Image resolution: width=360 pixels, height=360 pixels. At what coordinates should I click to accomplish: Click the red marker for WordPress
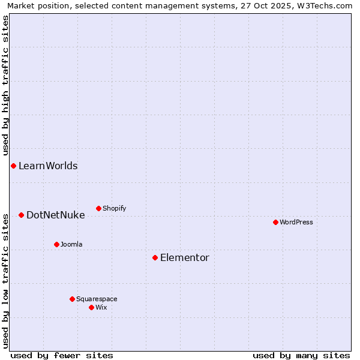tap(275, 222)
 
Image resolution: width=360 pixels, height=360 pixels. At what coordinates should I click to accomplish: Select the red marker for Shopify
tap(98, 208)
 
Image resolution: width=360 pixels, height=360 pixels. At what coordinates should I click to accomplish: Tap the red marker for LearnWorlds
tap(13, 166)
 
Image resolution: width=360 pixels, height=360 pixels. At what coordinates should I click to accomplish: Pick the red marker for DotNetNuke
tap(21, 215)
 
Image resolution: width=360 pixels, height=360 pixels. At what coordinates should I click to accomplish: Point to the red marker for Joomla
tap(56, 244)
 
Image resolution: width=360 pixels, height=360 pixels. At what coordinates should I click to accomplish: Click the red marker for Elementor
tap(155, 257)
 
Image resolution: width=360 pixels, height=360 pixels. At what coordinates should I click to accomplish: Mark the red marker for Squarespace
tap(72, 299)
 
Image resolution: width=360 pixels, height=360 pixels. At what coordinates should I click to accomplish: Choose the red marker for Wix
tap(91, 307)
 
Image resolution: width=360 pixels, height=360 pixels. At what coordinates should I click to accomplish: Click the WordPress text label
tap(296, 222)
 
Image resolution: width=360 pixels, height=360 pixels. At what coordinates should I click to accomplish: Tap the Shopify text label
tap(114, 208)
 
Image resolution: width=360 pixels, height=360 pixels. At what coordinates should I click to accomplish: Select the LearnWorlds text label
tap(48, 166)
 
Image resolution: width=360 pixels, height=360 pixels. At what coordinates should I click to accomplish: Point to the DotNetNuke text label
tap(55, 215)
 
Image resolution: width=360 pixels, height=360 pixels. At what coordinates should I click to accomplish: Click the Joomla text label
tap(71, 244)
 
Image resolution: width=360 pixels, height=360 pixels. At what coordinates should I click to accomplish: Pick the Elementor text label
tap(185, 257)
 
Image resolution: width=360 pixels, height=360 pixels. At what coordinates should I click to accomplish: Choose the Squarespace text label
tap(97, 299)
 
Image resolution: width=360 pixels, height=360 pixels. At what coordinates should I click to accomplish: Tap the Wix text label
tap(101, 307)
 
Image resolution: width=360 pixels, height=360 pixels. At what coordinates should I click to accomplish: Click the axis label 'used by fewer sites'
tap(62, 355)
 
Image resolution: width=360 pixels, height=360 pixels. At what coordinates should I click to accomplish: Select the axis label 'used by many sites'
tap(301, 355)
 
